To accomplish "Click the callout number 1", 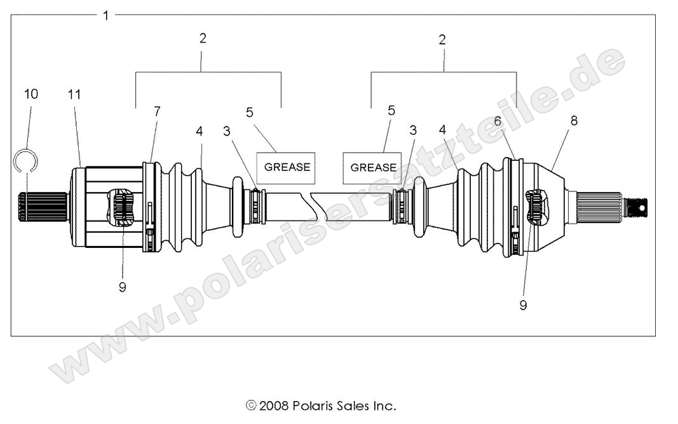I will pos(106,15).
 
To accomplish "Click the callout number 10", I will pos(31,94).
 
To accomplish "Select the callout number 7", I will pos(157,111).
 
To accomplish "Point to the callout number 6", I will pos(498,120).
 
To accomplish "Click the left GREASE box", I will pos(287,167).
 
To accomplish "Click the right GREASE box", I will pos(373,168).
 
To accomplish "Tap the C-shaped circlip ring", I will pos(24,159).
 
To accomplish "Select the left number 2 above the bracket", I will pos(203,38).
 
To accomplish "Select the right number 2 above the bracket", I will pos(442,39).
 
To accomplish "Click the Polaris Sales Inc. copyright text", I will pos(321,405).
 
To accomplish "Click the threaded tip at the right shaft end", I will pos(637,206).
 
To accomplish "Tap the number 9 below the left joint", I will pos(122,287).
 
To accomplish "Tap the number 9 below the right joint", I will pos(523,305).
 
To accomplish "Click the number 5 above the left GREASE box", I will pos(249,112).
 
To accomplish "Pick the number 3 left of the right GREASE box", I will pos(413,130).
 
